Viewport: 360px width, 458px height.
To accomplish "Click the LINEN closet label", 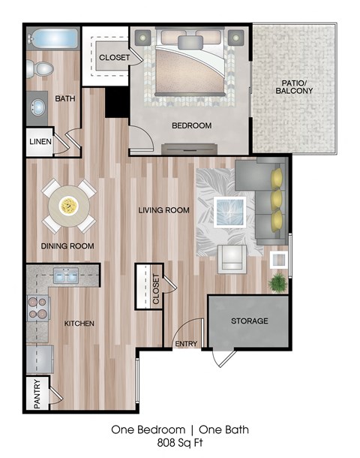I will click(40, 142).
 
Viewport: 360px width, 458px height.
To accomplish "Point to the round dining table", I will click(68, 204).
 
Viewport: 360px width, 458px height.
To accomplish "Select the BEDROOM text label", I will click(191, 125).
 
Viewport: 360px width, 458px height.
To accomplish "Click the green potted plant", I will click(278, 284).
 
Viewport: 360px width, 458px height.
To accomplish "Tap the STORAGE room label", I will click(249, 321).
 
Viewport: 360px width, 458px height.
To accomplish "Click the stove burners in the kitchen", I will click(37, 308).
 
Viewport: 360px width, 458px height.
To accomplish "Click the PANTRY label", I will click(37, 394).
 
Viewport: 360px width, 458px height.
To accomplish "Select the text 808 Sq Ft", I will click(180, 444).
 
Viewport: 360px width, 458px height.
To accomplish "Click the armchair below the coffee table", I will click(232, 258).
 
